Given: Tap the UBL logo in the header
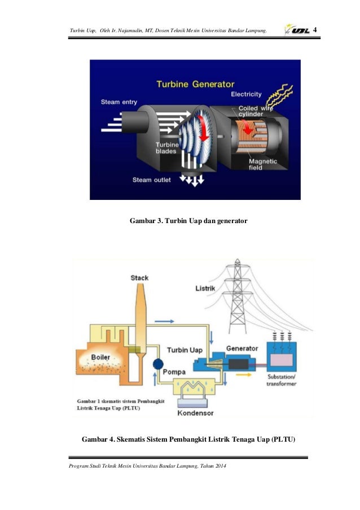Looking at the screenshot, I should click(297, 29).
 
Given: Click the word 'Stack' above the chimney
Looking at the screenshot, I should click(139, 277).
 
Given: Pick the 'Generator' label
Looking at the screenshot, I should click(242, 348).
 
